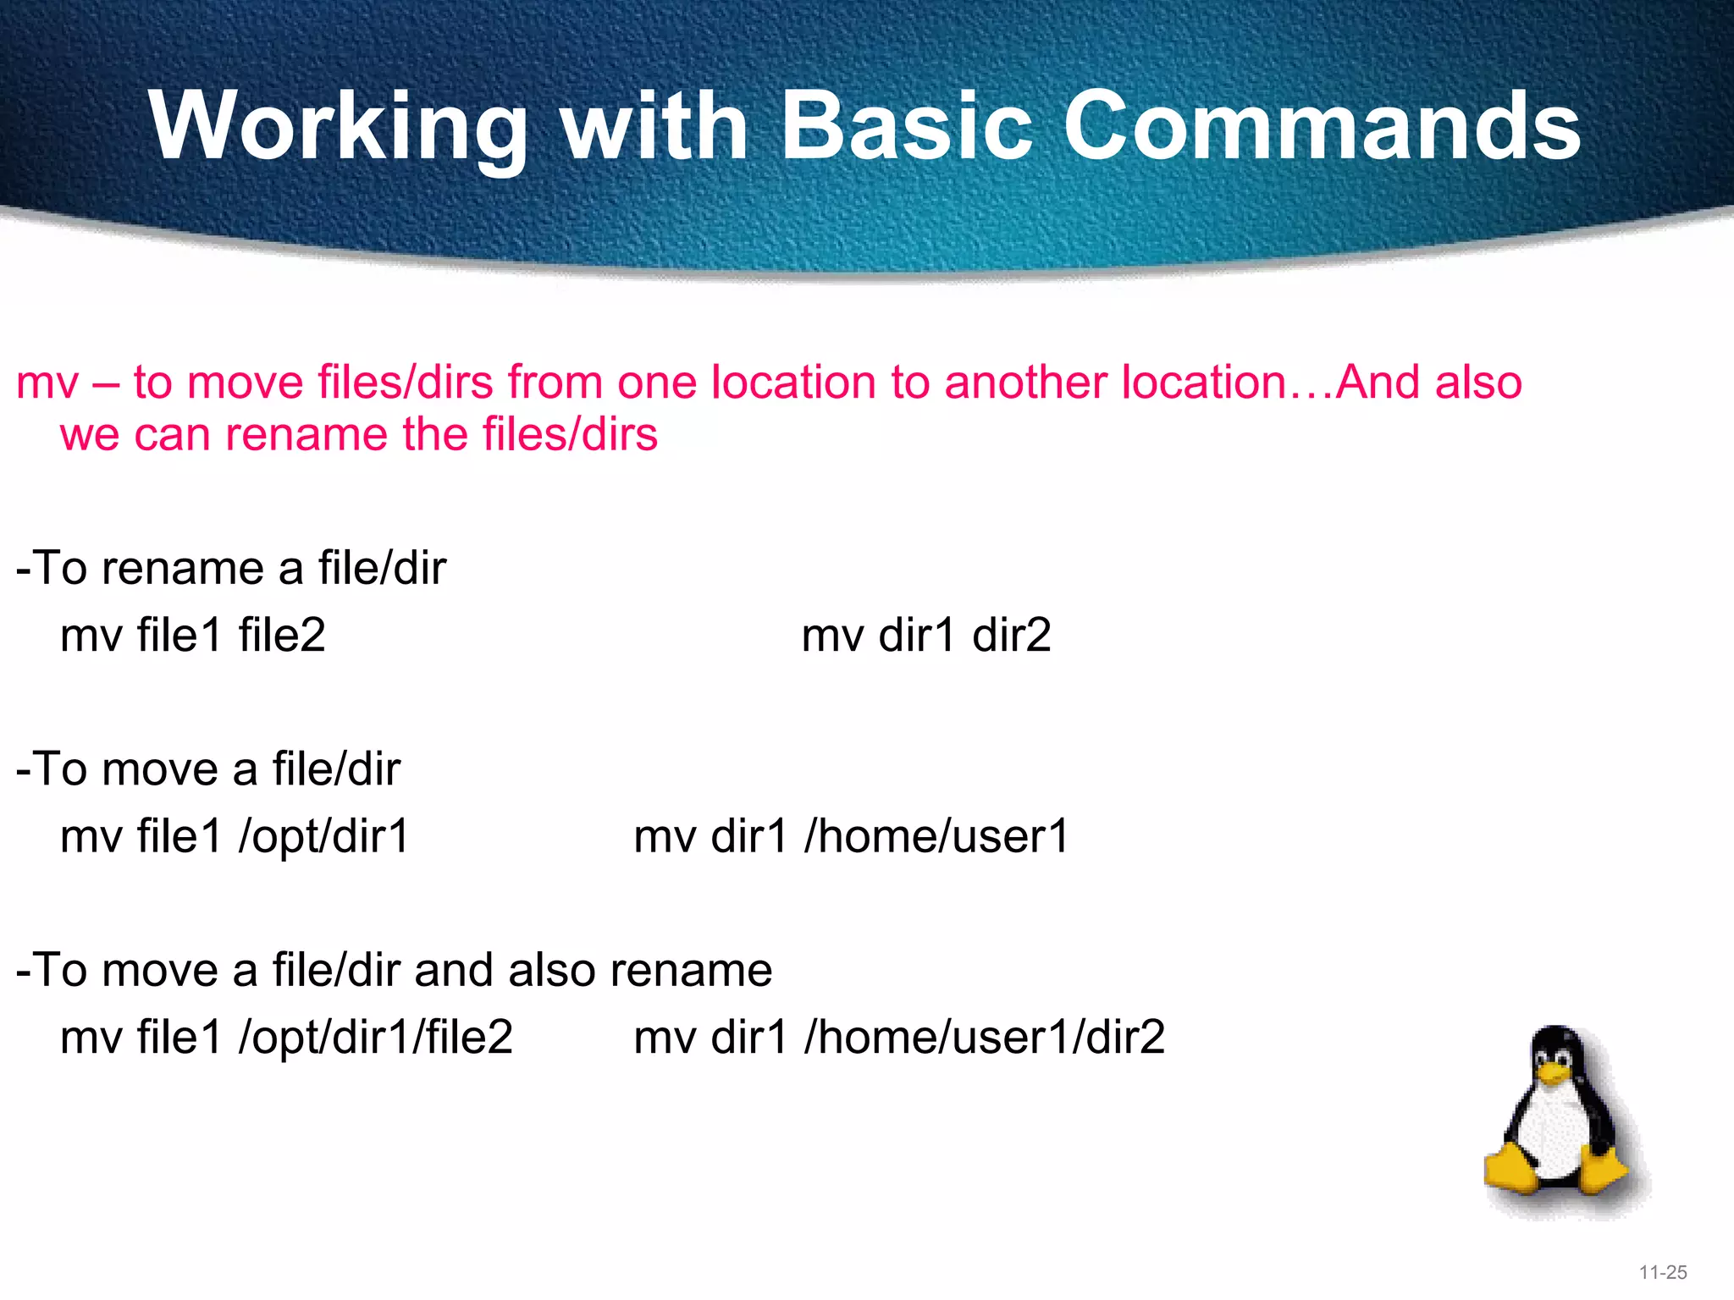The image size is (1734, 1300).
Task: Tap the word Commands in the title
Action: tap(1321, 127)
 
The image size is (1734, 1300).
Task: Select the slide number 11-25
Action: tap(1663, 1272)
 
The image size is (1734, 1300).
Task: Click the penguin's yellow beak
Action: tap(1554, 1073)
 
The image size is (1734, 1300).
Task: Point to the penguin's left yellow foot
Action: tap(1511, 1172)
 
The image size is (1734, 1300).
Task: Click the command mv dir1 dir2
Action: tap(925, 635)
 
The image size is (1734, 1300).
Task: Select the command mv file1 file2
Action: tap(193, 635)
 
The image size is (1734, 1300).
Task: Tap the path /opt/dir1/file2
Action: tap(375, 1037)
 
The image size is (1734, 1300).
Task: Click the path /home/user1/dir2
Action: tap(985, 1037)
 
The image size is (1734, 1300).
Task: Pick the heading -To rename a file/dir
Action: tap(230, 568)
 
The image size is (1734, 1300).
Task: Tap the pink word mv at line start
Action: tap(47, 383)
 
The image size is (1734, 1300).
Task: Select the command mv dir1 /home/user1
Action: tap(851, 836)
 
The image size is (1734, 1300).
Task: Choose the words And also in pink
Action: tap(1429, 383)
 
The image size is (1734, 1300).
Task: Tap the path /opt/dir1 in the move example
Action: tap(323, 836)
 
